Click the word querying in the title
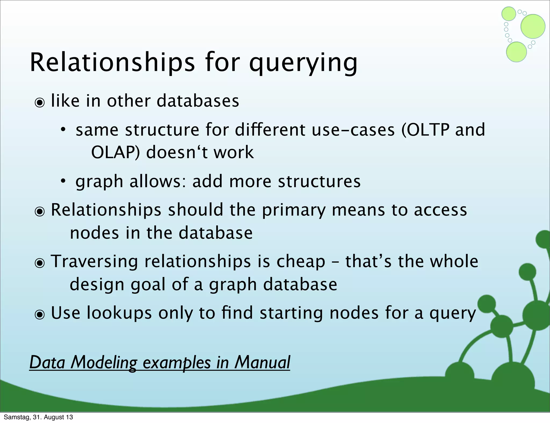(x=303, y=64)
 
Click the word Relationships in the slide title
(x=112, y=62)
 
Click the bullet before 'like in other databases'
(x=40, y=102)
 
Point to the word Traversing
(x=94, y=261)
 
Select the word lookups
(x=119, y=313)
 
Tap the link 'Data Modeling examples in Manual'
(x=160, y=362)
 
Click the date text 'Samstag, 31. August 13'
(x=38, y=417)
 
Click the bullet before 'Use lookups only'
(x=40, y=314)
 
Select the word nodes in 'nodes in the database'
(x=94, y=233)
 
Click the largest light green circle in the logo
(x=533, y=26)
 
